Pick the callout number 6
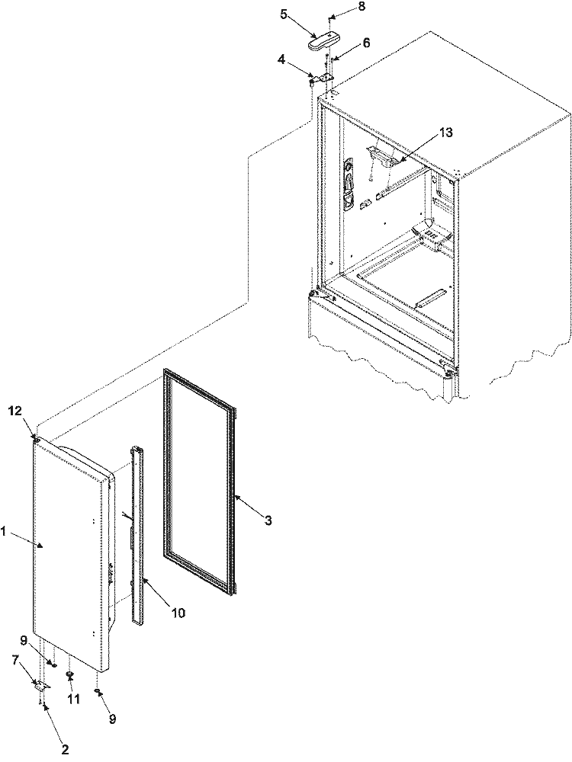366,43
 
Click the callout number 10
177,611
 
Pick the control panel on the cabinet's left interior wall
349,184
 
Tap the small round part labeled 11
70,674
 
